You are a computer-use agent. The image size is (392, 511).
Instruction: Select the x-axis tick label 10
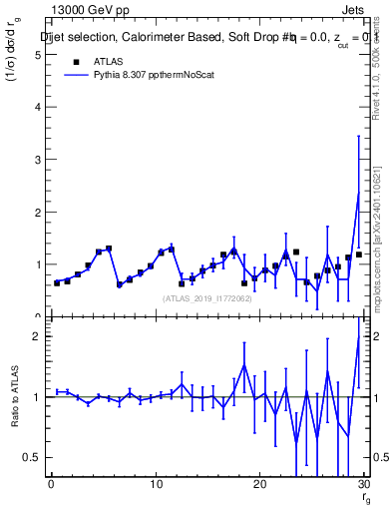pos(155,485)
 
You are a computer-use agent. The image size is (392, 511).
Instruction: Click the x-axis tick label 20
pos(259,485)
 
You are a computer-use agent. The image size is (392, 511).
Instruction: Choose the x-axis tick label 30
pos(363,485)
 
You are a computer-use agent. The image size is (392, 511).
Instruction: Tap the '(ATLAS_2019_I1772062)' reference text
pos(207,297)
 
